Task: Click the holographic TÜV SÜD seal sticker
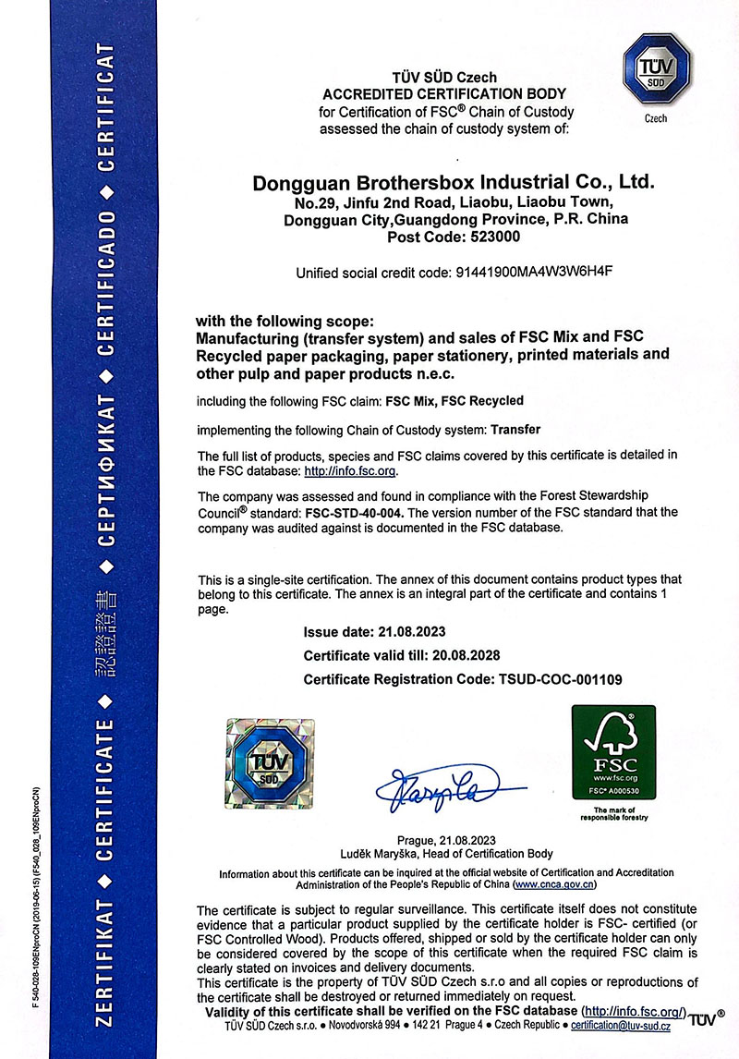271,761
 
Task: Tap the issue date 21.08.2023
413,633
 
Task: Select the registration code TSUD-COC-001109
553,679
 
